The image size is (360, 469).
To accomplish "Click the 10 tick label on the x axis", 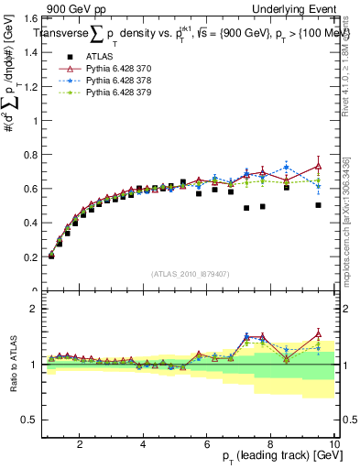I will [334, 444].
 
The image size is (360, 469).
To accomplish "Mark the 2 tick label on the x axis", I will [80, 444].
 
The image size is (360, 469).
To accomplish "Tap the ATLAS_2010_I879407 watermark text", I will [191, 273].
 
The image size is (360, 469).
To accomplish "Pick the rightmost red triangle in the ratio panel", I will [318, 333].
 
